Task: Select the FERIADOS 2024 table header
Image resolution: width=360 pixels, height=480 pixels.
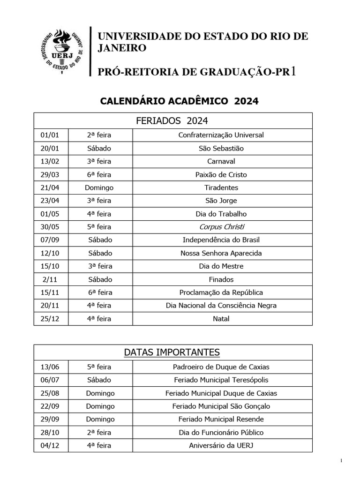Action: point(172,120)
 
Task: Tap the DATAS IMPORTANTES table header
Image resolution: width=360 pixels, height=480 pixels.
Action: point(172,352)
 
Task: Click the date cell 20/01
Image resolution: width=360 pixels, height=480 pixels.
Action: point(50,148)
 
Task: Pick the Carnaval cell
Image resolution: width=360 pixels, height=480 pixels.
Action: point(221,161)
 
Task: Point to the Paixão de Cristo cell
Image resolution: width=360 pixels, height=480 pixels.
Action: point(221,174)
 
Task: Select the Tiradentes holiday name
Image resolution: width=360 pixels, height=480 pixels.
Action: point(221,187)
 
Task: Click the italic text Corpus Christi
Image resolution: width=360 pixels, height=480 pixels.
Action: point(221,227)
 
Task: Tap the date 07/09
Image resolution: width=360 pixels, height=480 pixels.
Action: point(50,240)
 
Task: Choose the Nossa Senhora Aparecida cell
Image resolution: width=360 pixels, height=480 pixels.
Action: point(221,253)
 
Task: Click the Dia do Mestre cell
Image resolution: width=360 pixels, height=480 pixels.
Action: point(221,266)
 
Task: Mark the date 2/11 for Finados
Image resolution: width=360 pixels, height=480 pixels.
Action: point(50,279)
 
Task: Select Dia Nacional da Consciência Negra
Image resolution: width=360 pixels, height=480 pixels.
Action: point(221,306)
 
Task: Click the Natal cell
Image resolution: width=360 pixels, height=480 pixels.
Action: point(221,319)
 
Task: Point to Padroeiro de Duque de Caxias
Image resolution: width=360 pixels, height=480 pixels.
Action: point(221,367)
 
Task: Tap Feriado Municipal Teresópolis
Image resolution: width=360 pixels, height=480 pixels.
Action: point(221,380)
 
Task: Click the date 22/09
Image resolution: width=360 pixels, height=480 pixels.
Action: point(50,406)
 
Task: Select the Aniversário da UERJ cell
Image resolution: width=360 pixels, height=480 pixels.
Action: point(221,445)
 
